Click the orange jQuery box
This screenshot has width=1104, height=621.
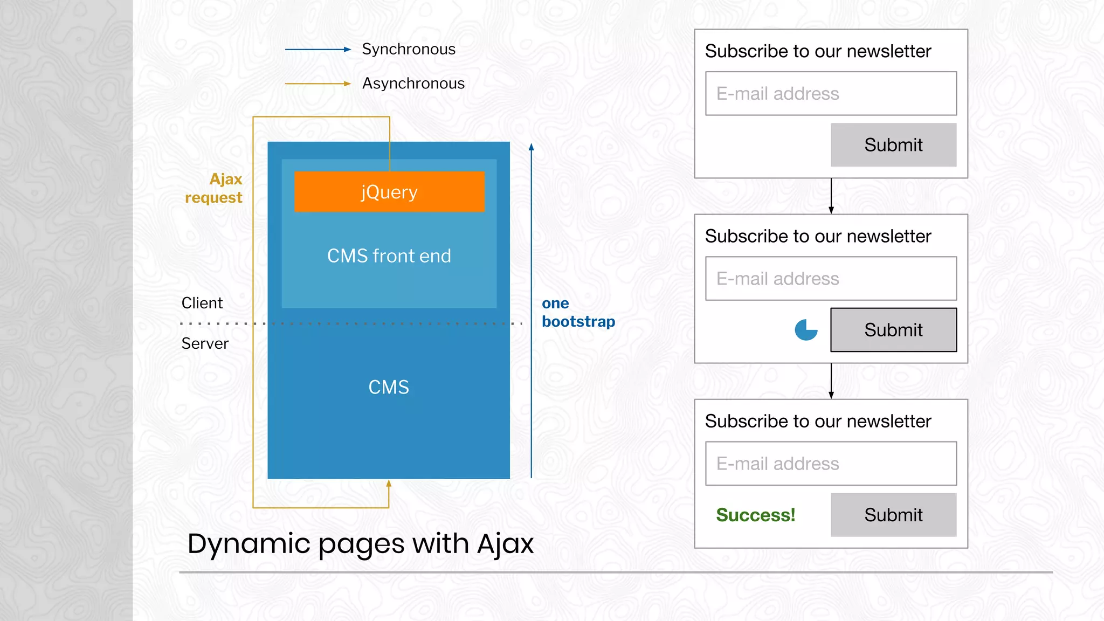click(x=389, y=191)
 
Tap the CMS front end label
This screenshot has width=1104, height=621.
click(x=389, y=256)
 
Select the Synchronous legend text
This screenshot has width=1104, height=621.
click(x=408, y=49)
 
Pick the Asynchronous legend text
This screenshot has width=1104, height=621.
click(x=413, y=84)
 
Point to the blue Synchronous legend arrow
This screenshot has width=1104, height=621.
click(x=318, y=50)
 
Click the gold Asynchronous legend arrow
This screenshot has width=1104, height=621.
click(x=318, y=84)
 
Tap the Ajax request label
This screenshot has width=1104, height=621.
click(x=214, y=188)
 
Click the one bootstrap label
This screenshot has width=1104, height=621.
click(x=577, y=312)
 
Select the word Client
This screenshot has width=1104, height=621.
click(x=202, y=303)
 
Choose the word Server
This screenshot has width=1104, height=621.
click(x=205, y=343)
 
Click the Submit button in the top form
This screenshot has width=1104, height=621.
click(x=893, y=145)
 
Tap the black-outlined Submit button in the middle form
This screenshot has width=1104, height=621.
click(x=893, y=330)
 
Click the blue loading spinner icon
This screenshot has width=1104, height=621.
click(x=806, y=330)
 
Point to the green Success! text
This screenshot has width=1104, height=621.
click(x=755, y=515)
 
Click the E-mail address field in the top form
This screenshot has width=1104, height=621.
click(x=831, y=94)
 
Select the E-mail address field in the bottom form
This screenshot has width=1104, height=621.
click(x=831, y=464)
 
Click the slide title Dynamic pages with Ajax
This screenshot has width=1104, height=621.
click(x=360, y=543)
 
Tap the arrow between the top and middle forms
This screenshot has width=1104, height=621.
click(x=831, y=196)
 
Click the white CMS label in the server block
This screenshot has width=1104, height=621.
click(x=389, y=387)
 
